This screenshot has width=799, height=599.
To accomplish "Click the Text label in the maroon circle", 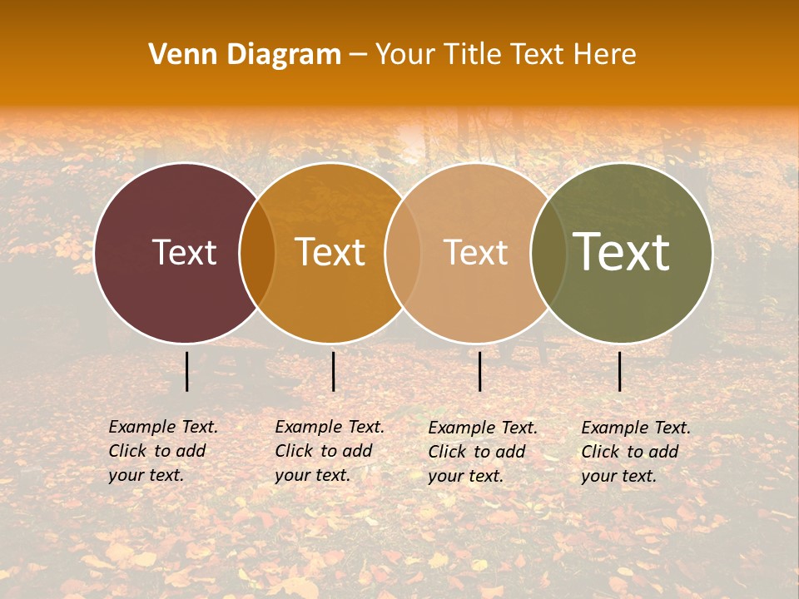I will pyautogui.click(x=184, y=252).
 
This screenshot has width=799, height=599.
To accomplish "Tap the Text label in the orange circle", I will pyautogui.click(x=330, y=252).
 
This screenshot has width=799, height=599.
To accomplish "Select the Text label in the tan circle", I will pyautogui.click(x=475, y=252).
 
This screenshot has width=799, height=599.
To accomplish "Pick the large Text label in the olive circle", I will pyautogui.click(x=622, y=252).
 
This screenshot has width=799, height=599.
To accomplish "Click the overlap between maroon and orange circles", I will pyautogui.click(x=257, y=253).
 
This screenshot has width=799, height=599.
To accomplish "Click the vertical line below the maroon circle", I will pyautogui.click(x=186, y=371).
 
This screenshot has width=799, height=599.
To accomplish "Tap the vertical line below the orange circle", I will pyautogui.click(x=333, y=371).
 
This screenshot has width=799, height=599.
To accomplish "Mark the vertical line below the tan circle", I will pyautogui.click(x=479, y=371).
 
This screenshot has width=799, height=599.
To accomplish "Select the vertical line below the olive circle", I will pyautogui.click(x=619, y=371).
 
